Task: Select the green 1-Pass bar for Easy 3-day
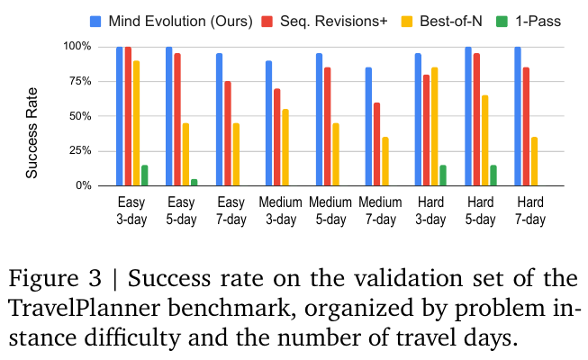[x=144, y=175]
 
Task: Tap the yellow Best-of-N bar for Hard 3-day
[x=435, y=127]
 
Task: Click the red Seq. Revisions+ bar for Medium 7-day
[x=375, y=144]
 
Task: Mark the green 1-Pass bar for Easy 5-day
[x=193, y=182]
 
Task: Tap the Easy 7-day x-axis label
[x=230, y=209]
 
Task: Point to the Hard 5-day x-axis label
[x=478, y=209]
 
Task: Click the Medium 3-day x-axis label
[x=279, y=209]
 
